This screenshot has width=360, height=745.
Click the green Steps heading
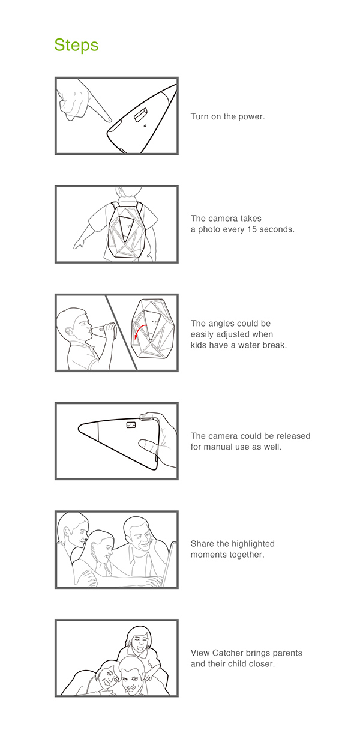tap(76, 45)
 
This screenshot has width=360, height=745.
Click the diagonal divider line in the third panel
tap(119, 331)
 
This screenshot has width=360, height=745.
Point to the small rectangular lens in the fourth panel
tap(131, 424)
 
